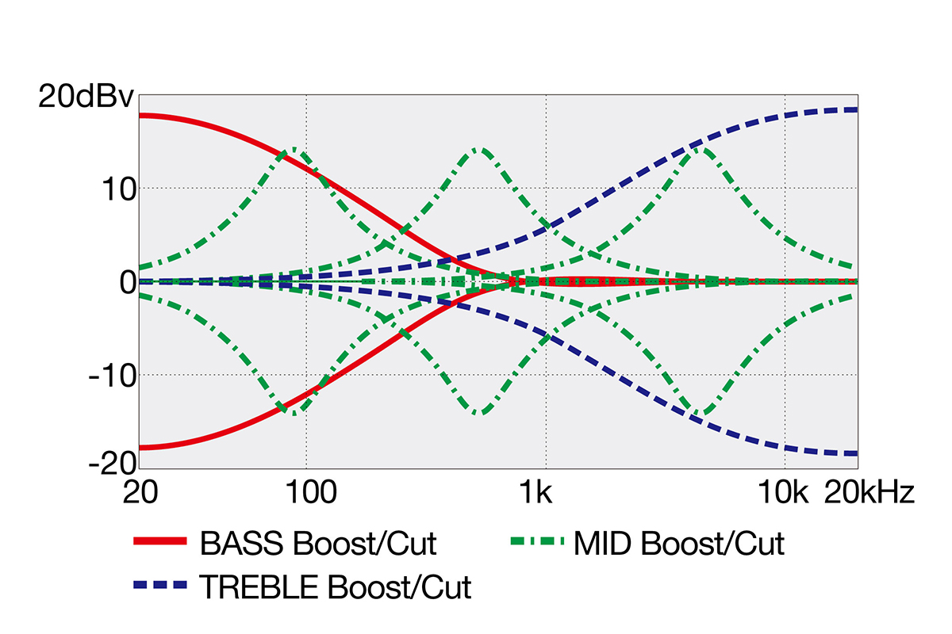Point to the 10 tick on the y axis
coord(118,189)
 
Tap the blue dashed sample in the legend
coord(160,585)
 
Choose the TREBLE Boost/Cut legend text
coord(336,587)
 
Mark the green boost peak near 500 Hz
coord(480,149)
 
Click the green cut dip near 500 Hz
coord(480,413)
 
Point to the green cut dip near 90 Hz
coord(295,413)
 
